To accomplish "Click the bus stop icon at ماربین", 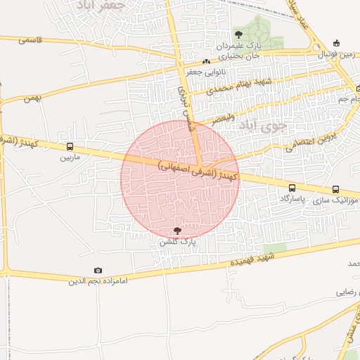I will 69,147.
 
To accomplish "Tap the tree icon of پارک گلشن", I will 176,231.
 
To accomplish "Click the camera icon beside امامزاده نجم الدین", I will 98,271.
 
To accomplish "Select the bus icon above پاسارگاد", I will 292,188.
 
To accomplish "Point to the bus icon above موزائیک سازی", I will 335,189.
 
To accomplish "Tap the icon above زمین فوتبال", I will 336,44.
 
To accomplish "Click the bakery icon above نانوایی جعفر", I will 205,62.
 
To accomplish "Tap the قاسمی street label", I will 32,40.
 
